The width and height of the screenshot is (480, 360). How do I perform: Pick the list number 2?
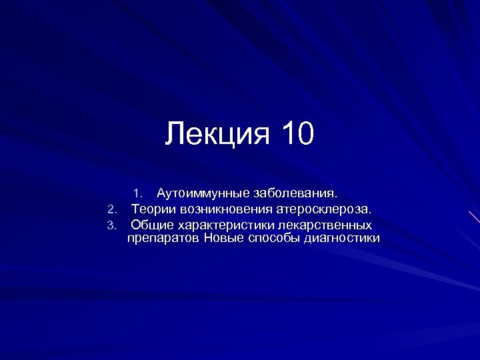pyautogui.click(x=112, y=210)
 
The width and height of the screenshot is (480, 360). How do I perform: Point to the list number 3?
pyautogui.click(x=112, y=225)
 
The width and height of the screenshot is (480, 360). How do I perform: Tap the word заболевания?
pyautogui.click(x=294, y=194)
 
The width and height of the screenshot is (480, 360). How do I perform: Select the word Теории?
pyautogui.click(x=152, y=209)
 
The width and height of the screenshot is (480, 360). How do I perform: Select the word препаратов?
pyautogui.click(x=163, y=238)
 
